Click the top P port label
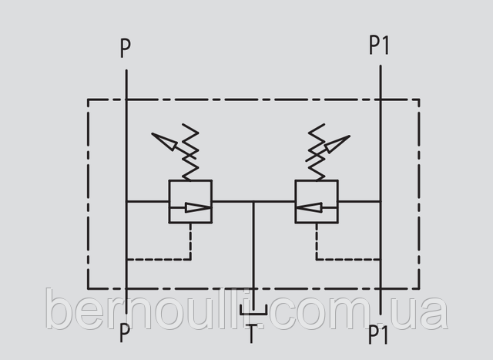coord(126,48)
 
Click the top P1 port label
coord(379,45)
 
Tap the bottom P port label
coord(125,333)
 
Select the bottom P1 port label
coord(378,335)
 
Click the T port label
coord(251,334)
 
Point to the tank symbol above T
coord(253,310)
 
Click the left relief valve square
coord(190,201)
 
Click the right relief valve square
coord(317,201)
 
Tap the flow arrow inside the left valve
coord(198,207)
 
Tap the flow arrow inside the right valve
coord(309,207)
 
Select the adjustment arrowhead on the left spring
coord(164,141)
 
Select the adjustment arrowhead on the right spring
coord(337,144)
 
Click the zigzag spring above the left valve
coord(190,152)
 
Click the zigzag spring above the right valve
coord(317,152)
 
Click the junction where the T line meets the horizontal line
coord(253,201)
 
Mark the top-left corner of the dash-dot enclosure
coord(88,99)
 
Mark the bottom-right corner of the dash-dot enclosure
coord(419,288)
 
